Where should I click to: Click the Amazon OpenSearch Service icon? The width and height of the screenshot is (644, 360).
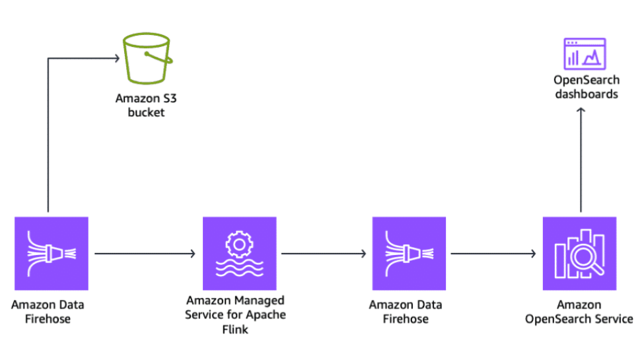pos(579,254)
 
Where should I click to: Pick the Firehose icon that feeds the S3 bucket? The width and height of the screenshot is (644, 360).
pos(51,254)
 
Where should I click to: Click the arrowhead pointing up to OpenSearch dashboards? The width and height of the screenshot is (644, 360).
pos(581,112)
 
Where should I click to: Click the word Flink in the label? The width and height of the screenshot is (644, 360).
pos(235,328)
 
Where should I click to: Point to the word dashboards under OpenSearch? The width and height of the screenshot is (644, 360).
pos(587,94)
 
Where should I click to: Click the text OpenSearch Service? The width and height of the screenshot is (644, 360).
pos(579,319)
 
